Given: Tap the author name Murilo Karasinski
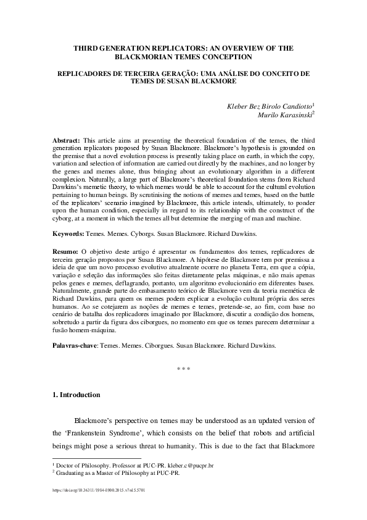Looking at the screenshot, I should [284, 114].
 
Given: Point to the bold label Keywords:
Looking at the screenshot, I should [69, 235].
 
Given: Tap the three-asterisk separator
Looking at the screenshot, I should [183, 369].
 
